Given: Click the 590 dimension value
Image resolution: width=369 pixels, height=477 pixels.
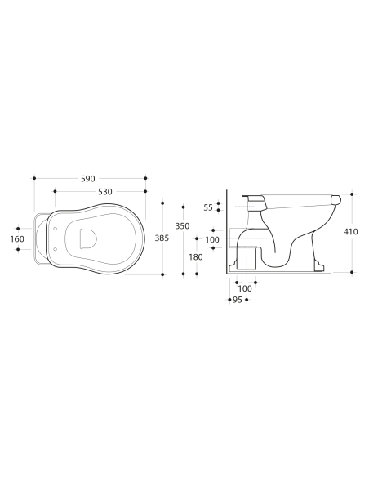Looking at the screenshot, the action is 88,179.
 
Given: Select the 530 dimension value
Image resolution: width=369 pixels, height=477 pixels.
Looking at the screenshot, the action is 105,192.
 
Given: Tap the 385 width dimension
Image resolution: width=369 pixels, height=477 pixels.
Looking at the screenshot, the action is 162,238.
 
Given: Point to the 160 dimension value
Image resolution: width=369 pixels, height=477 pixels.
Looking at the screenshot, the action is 17,239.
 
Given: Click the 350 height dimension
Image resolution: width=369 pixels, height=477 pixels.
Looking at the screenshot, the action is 182,226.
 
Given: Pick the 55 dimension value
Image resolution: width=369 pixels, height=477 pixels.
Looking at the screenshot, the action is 208,207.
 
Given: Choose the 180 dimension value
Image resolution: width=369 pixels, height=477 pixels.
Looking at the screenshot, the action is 196,257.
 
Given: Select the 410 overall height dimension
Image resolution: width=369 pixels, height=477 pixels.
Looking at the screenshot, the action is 351,232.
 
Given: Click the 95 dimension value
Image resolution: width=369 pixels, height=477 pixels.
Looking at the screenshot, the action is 238,300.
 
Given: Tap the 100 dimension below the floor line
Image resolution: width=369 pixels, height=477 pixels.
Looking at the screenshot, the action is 245,288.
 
